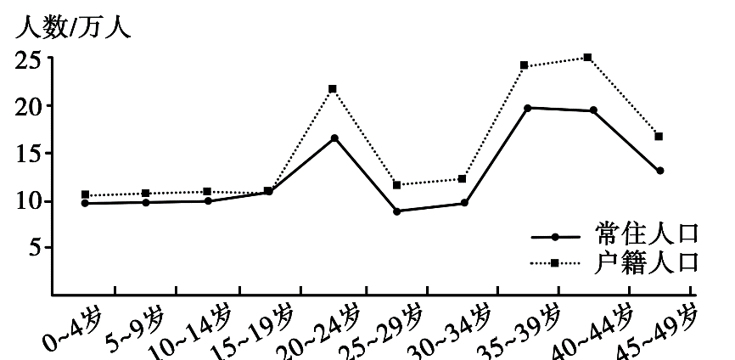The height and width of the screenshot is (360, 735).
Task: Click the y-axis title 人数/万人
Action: (x=72, y=27)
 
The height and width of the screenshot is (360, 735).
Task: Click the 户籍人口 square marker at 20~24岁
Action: (x=333, y=88)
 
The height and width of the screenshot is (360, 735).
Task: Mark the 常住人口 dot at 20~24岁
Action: (x=334, y=138)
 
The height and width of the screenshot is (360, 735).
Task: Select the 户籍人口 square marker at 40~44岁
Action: (x=587, y=58)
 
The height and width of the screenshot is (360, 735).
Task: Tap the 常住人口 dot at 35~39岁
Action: (x=528, y=108)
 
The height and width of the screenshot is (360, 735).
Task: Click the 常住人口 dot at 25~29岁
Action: (x=397, y=211)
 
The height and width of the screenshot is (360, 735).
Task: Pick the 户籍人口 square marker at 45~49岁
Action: (x=659, y=136)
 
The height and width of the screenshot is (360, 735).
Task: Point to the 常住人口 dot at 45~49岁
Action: (x=659, y=171)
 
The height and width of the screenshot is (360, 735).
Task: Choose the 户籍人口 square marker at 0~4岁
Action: (x=85, y=194)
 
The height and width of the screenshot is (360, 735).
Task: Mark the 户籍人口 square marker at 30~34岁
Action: (x=463, y=178)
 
